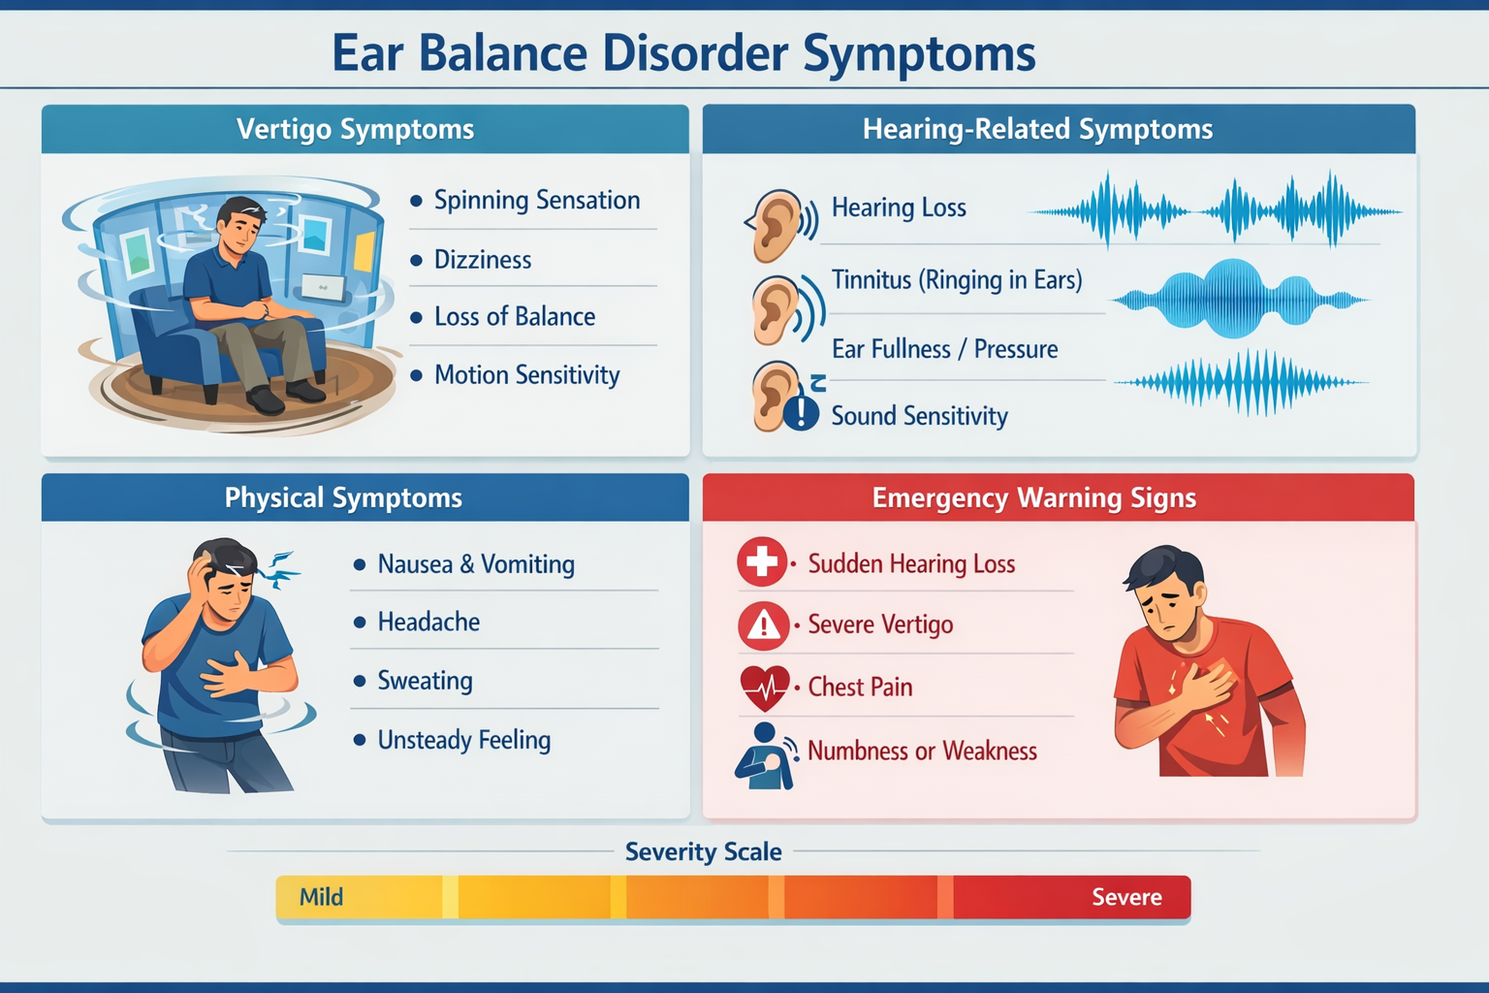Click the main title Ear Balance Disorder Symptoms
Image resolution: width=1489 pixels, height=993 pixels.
click(683, 53)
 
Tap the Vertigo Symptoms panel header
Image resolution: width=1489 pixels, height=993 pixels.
click(355, 129)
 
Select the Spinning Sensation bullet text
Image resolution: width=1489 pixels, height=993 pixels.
click(536, 201)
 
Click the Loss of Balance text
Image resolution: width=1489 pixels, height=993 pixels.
click(514, 317)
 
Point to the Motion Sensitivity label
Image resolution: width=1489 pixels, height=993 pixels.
click(526, 375)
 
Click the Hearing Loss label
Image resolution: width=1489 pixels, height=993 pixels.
click(899, 208)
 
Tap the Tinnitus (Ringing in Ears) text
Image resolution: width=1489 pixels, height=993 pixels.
click(957, 280)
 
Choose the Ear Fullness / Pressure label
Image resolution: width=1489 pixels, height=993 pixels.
click(944, 349)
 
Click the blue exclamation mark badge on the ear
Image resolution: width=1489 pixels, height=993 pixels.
click(801, 413)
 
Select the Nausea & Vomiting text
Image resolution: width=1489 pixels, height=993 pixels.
click(476, 564)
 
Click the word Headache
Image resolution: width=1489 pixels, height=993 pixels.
click(428, 623)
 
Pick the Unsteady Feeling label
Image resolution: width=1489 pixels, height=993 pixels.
click(463, 741)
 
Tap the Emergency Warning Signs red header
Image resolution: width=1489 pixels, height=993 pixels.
click(1033, 498)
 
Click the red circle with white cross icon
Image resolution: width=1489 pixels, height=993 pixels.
click(762, 561)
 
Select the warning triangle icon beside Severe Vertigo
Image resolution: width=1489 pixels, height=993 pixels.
click(763, 625)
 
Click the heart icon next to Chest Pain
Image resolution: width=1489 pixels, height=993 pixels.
click(764, 688)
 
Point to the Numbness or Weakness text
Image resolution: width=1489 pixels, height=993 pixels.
click(922, 752)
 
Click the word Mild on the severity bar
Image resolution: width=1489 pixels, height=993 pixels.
click(321, 898)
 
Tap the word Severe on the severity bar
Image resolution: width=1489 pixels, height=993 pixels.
click(1126, 898)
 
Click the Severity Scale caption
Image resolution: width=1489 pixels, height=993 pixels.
click(703, 852)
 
